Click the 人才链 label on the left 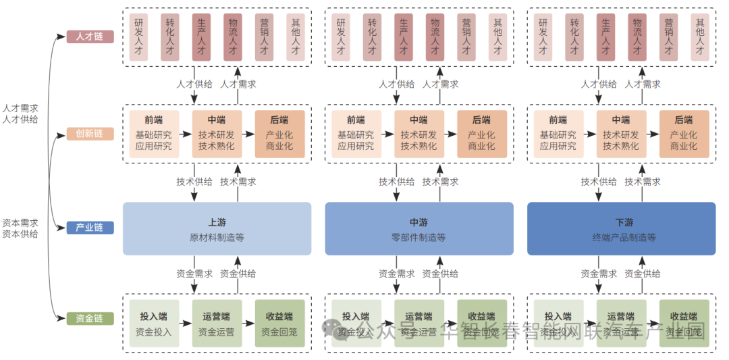[x=90, y=36]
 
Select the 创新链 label [x=90, y=133]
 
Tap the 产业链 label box [x=90, y=228]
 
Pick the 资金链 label [x=90, y=318]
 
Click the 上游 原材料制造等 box [x=217, y=229]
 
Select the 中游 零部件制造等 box [x=418, y=229]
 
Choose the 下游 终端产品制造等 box [x=621, y=229]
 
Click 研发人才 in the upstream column [x=138, y=37]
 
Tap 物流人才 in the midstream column [x=435, y=37]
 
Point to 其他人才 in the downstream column [x=700, y=37]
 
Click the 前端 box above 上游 [x=154, y=134]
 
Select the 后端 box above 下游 [x=684, y=134]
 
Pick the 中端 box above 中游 [x=418, y=134]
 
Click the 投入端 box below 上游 [x=154, y=324]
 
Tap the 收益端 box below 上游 [x=279, y=324]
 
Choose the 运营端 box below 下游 [x=621, y=324]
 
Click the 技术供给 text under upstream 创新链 [x=194, y=182]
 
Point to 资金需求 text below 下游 [x=599, y=274]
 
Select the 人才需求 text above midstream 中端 [x=440, y=84]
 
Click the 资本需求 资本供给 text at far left [x=20, y=228]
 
